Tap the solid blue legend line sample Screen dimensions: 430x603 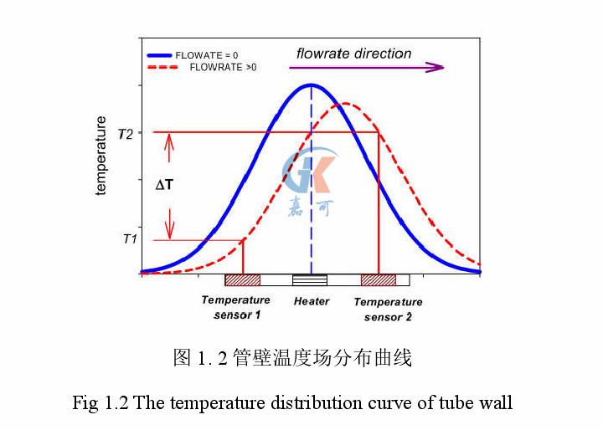[x=164, y=55]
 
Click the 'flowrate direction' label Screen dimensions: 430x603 [x=353, y=54]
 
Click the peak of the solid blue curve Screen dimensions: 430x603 [x=311, y=84]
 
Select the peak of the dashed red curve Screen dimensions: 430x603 [x=344, y=104]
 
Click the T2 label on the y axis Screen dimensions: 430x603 [x=125, y=133]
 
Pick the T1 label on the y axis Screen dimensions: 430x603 [x=128, y=239]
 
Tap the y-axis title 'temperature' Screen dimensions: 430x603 [x=101, y=156]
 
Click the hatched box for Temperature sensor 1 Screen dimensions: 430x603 [x=243, y=280]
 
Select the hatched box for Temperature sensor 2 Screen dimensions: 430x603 [x=378, y=280]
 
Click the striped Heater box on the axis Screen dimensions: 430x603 [x=310, y=280]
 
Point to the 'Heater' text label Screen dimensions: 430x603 [x=311, y=301]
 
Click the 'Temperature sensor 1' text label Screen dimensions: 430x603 [x=236, y=307]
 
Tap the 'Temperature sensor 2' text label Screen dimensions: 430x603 [x=388, y=310]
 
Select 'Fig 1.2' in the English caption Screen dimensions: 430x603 [x=100, y=402]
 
